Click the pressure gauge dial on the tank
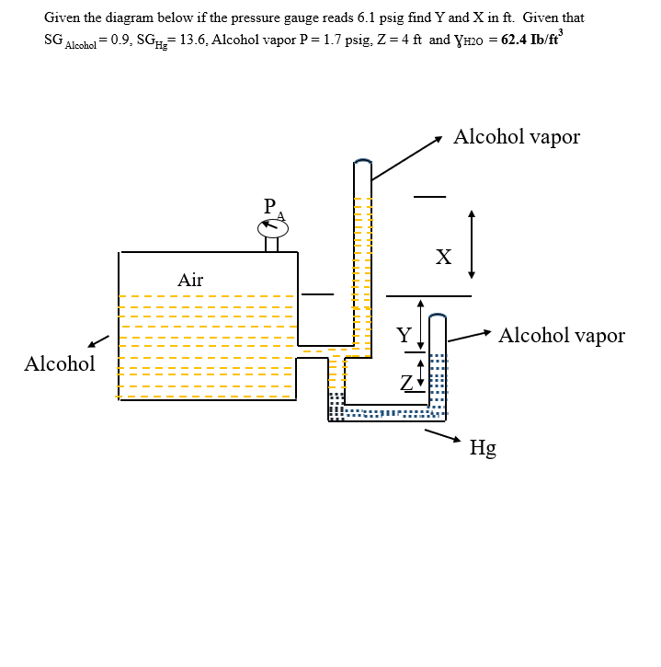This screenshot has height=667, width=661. click(x=271, y=226)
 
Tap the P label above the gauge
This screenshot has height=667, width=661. click(x=268, y=205)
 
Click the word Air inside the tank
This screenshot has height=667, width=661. click(x=190, y=280)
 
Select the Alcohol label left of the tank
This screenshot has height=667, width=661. click(x=60, y=363)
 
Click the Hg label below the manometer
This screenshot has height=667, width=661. click(x=483, y=448)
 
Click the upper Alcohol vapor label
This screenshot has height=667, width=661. click(x=517, y=137)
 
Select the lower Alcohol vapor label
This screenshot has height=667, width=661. click(x=561, y=335)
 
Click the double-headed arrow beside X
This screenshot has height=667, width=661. click(x=472, y=244)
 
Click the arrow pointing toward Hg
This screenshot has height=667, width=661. click(x=443, y=436)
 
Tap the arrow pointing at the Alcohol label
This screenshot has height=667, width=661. click(x=98, y=342)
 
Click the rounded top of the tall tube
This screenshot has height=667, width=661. click(x=363, y=164)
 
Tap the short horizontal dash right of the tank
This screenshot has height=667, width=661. click(x=317, y=295)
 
